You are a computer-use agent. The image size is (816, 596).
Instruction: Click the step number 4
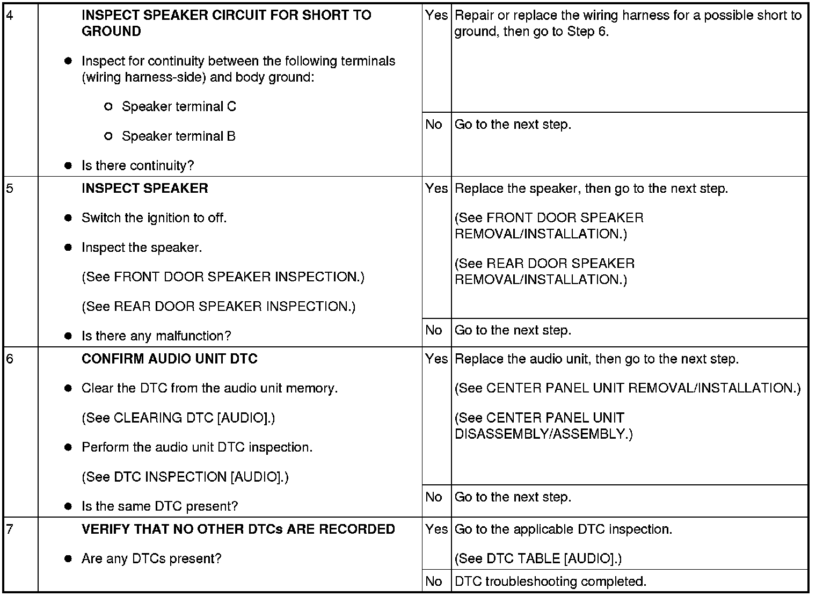click(10, 15)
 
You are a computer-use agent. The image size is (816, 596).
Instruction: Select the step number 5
click(10, 188)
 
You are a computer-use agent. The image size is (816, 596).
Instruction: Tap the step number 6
click(10, 359)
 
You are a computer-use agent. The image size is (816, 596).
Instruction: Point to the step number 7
click(10, 529)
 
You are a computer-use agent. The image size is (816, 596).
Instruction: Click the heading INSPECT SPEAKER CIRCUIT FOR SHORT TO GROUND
click(226, 23)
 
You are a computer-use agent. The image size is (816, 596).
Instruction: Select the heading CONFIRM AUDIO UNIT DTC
click(169, 359)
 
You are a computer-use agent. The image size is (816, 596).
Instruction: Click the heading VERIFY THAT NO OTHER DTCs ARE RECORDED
click(238, 529)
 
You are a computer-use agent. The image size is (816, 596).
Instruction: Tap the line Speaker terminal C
click(179, 106)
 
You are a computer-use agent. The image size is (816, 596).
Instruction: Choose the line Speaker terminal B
click(178, 136)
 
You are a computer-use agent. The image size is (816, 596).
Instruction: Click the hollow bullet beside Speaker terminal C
click(108, 107)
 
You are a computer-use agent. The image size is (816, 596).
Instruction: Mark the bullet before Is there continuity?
click(68, 166)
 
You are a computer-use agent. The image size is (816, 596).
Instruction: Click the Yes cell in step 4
click(436, 16)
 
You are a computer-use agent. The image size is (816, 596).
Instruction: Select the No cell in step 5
click(433, 330)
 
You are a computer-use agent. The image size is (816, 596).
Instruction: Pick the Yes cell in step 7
click(436, 529)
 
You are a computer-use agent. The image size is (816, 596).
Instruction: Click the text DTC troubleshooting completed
click(550, 582)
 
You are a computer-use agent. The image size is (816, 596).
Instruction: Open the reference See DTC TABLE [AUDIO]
click(538, 558)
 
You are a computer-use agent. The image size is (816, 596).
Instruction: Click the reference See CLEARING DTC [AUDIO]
click(178, 418)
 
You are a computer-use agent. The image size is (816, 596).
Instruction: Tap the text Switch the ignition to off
click(154, 218)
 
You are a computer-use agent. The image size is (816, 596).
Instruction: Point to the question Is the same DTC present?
click(159, 506)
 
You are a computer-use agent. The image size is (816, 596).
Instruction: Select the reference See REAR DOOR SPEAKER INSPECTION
click(218, 307)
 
